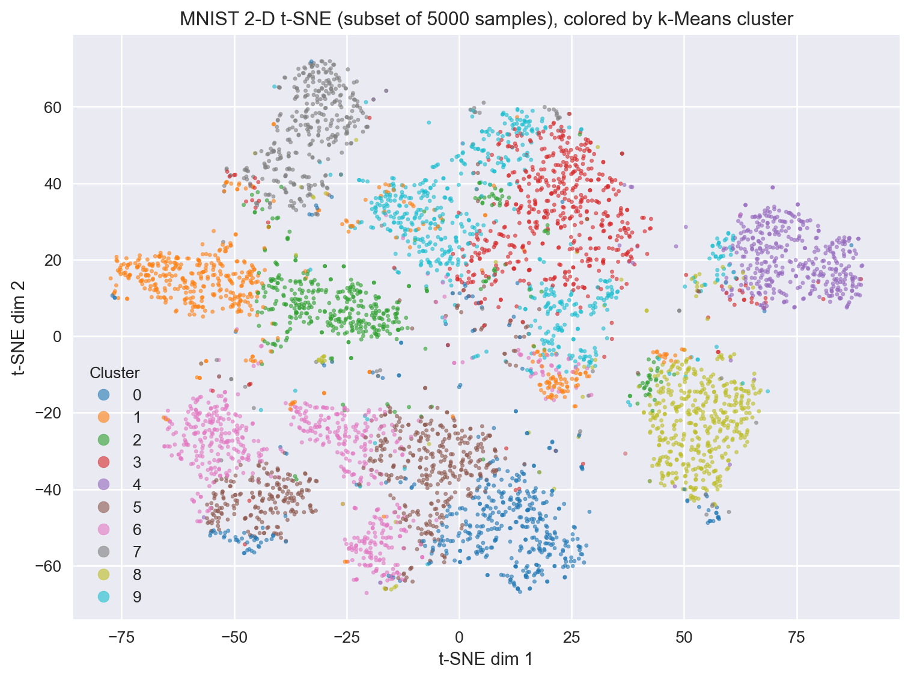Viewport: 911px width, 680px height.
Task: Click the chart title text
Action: [x=486, y=19]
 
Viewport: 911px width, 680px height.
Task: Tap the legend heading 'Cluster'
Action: [x=115, y=373]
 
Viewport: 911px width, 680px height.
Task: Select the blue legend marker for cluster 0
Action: [x=103, y=395]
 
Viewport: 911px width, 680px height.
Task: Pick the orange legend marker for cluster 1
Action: [x=103, y=418]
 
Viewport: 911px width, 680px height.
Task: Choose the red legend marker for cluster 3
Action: [x=103, y=462]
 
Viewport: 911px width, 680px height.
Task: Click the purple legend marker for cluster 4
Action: [x=103, y=485]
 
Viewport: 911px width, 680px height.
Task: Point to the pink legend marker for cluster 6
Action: [x=103, y=530]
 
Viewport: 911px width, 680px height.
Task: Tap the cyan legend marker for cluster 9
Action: [x=103, y=597]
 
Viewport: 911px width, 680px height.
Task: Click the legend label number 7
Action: [x=137, y=552]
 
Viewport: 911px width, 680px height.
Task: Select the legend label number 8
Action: [x=137, y=575]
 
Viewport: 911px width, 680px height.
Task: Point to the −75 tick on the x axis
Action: [x=121, y=636]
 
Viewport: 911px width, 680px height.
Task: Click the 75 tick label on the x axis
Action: [x=797, y=636]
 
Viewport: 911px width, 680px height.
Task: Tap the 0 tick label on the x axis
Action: [x=459, y=636]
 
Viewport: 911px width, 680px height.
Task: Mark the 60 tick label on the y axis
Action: [x=53, y=108]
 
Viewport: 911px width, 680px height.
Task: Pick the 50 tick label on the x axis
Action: [x=684, y=636]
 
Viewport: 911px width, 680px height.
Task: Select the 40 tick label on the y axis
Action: [x=53, y=184]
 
